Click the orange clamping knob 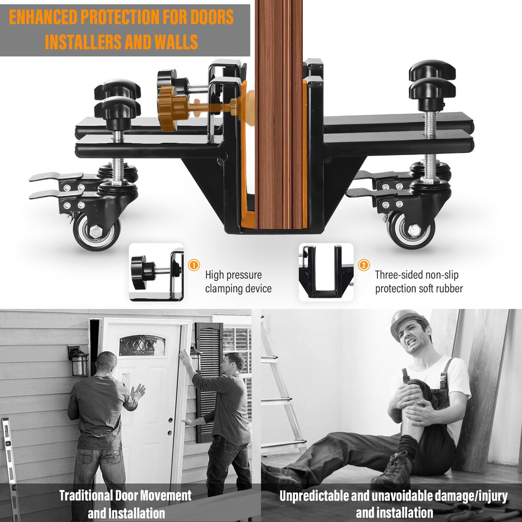pyautogui.click(x=170, y=109)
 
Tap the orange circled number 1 pyautogui.click(x=194, y=265)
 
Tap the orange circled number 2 pyautogui.click(x=363, y=265)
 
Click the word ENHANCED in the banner pyautogui.click(x=43, y=17)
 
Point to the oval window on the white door pyautogui.click(x=142, y=345)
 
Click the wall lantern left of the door pyautogui.click(x=79, y=361)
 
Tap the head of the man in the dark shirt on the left pyautogui.click(x=106, y=364)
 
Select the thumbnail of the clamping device pyautogui.click(x=156, y=272)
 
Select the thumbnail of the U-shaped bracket pyautogui.click(x=326, y=272)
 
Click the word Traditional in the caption pyautogui.click(x=86, y=496)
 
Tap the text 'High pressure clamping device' pyautogui.click(x=238, y=282)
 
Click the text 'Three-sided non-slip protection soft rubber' pyautogui.click(x=419, y=282)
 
